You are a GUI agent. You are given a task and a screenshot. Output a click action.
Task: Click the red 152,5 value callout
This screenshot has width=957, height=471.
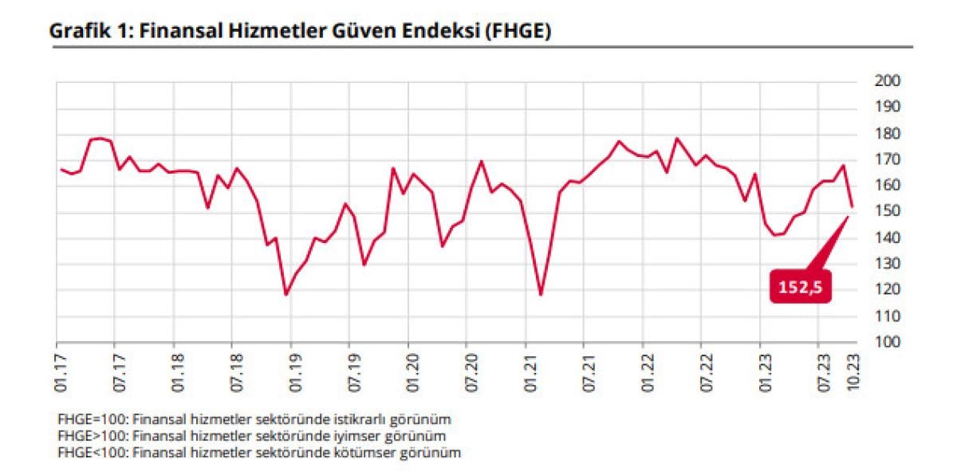click(800, 287)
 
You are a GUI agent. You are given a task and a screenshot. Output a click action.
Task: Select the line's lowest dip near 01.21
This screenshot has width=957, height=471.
click(541, 295)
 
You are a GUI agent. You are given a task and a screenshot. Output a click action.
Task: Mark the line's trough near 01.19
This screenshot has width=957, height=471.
click(286, 295)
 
